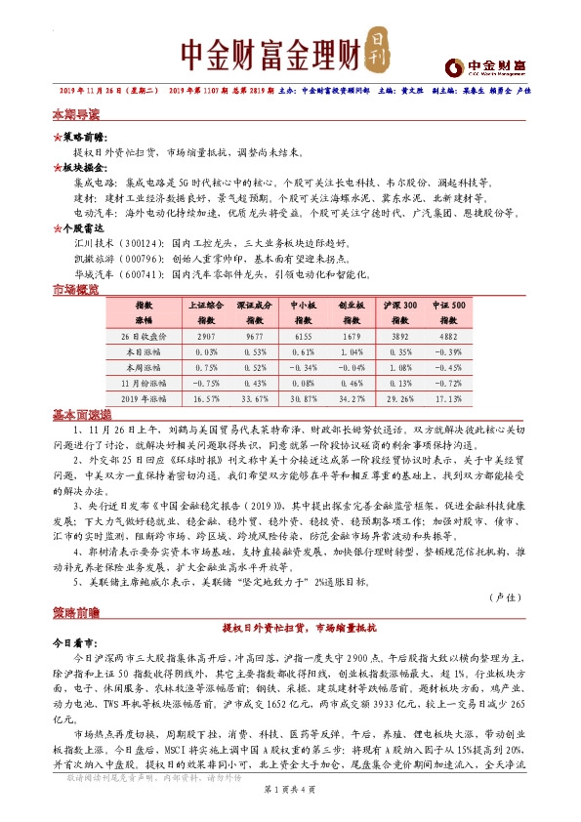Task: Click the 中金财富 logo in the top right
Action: point(484,65)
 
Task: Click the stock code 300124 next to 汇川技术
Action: point(143,241)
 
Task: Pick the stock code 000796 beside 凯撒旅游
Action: point(143,259)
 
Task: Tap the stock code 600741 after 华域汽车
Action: point(143,275)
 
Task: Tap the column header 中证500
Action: point(457,306)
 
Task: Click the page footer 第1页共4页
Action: point(291,802)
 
